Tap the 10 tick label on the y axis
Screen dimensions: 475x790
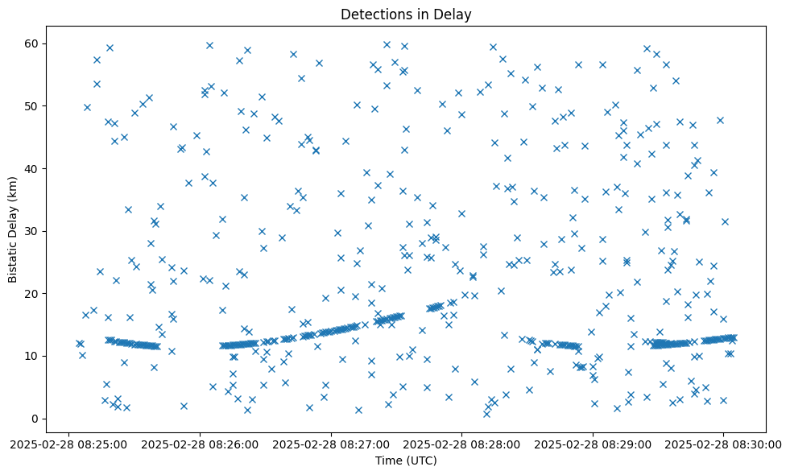tap(33, 356)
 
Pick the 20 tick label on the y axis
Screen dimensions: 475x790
tap(33, 294)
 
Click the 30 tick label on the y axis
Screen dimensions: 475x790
tap(33, 231)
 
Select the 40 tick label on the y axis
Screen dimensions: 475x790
tap(33, 168)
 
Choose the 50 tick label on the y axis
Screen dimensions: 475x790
tap(33, 106)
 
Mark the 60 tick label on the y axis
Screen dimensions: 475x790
tap(33, 43)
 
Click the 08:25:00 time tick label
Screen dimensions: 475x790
tap(68, 444)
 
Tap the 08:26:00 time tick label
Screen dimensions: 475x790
tap(200, 444)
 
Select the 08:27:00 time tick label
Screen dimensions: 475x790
tap(331, 444)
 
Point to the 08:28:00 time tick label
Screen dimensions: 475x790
tap(462, 444)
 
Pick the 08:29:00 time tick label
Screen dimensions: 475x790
tap(594, 444)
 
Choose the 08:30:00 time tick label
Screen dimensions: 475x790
tap(724, 444)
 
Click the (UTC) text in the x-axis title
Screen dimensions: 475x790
tap(421, 461)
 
